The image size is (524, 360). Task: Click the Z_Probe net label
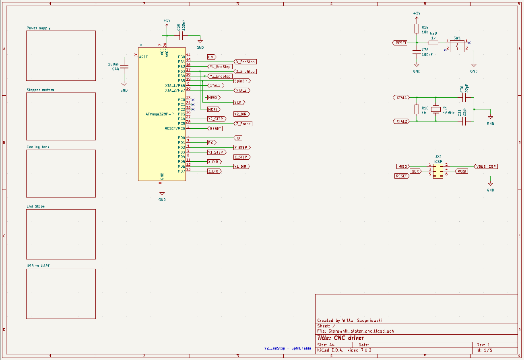pyautogui.click(x=243, y=124)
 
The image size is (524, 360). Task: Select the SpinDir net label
pyautogui.click(x=242, y=81)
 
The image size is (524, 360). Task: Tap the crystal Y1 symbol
pyautogui.click(x=436, y=109)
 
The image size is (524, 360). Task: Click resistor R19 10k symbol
pyautogui.click(x=417, y=29)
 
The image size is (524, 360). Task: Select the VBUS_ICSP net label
pyautogui.click(x=486, y=166)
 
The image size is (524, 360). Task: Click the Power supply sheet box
pyautogui.click(x=61, y=56)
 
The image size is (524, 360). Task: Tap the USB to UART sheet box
pyautogui.click(x=61, y=294)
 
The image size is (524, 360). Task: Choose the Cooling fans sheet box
pyautogui.click(x=61, y=173)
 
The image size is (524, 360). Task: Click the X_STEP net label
pyautogui.click(x=241, y=148)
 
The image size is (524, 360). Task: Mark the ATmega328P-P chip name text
pyautogui.click(x=160, y=114)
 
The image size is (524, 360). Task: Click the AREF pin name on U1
pyautogui.click(x=143, y=57)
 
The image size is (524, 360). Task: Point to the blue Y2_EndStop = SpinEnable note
pyautogui.click(x=287, y=348)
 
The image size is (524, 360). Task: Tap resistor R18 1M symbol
pyautogui.click(x=417, y=109)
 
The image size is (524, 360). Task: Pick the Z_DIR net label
pyautogui.click(x=214, y=171)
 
